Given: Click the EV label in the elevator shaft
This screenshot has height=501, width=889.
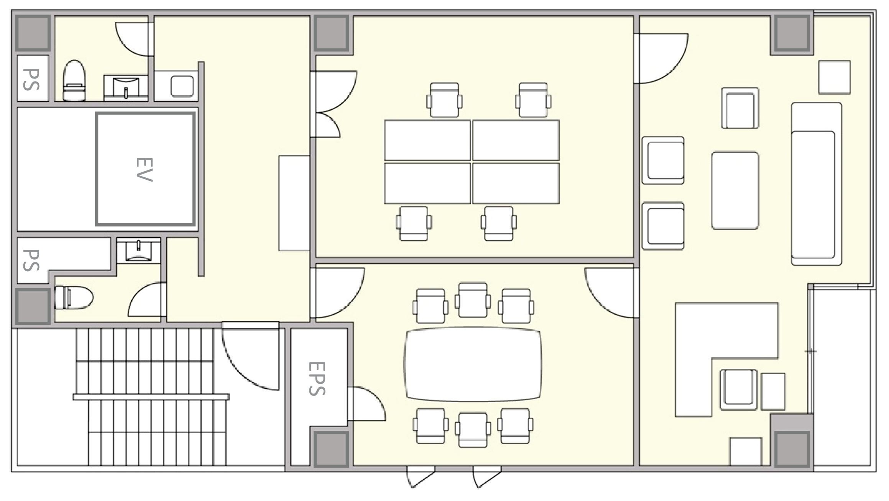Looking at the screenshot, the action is [x=145, y=169].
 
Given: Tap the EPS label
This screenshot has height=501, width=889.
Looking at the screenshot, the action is [x=317, y=378].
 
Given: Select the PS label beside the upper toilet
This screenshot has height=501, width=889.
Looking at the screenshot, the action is [x=31, y=79].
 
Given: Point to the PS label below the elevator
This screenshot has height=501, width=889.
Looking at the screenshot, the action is [x=31, y=260].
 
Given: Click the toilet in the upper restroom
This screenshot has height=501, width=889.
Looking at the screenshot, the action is [x=74, y=80].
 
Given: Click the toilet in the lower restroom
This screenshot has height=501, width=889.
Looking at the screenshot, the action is [x=74, y=297].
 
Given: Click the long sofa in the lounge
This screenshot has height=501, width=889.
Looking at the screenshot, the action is [x=817, y=183].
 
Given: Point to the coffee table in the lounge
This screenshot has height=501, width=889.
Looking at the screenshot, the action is [x=735, y=190].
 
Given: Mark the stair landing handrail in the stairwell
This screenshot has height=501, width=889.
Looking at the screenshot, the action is [x=151, y=397].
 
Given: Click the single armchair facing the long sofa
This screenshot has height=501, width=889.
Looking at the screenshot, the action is [x=740, y=108].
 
